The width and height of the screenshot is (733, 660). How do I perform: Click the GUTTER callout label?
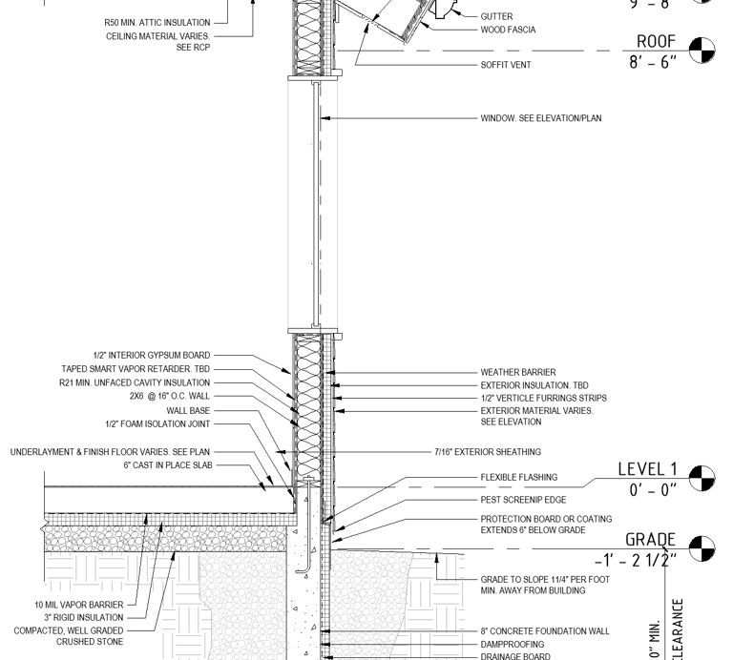(496, 17)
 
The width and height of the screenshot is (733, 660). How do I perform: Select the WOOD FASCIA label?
(508, 30)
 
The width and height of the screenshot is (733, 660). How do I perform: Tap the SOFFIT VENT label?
(506, 65)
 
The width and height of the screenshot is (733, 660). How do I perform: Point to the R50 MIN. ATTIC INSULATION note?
(157, 23)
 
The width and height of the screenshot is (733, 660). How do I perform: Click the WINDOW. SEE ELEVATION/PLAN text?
(541, 119)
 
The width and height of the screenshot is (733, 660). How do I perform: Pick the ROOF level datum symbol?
(702, 50)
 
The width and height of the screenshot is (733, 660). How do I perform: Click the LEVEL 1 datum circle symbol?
(702, 477)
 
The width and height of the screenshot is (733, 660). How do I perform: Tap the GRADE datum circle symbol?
(702, 548)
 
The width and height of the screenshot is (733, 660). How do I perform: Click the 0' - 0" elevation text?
(653, 490)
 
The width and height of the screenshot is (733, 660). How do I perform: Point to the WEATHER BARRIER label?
(518, 373)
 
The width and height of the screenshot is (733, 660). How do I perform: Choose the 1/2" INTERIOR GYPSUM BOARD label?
(152, 356)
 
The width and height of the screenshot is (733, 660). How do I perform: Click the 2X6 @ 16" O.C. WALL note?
(170, 396)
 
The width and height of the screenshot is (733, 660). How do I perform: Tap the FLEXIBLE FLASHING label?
(519, 478)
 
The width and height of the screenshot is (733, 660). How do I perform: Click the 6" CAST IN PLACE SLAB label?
(167, 465)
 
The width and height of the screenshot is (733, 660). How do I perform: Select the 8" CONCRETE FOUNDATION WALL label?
(545, 631)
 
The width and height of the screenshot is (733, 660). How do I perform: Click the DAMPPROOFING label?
(513, 645)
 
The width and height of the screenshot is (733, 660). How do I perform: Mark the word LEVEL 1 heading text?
(647, 468)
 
